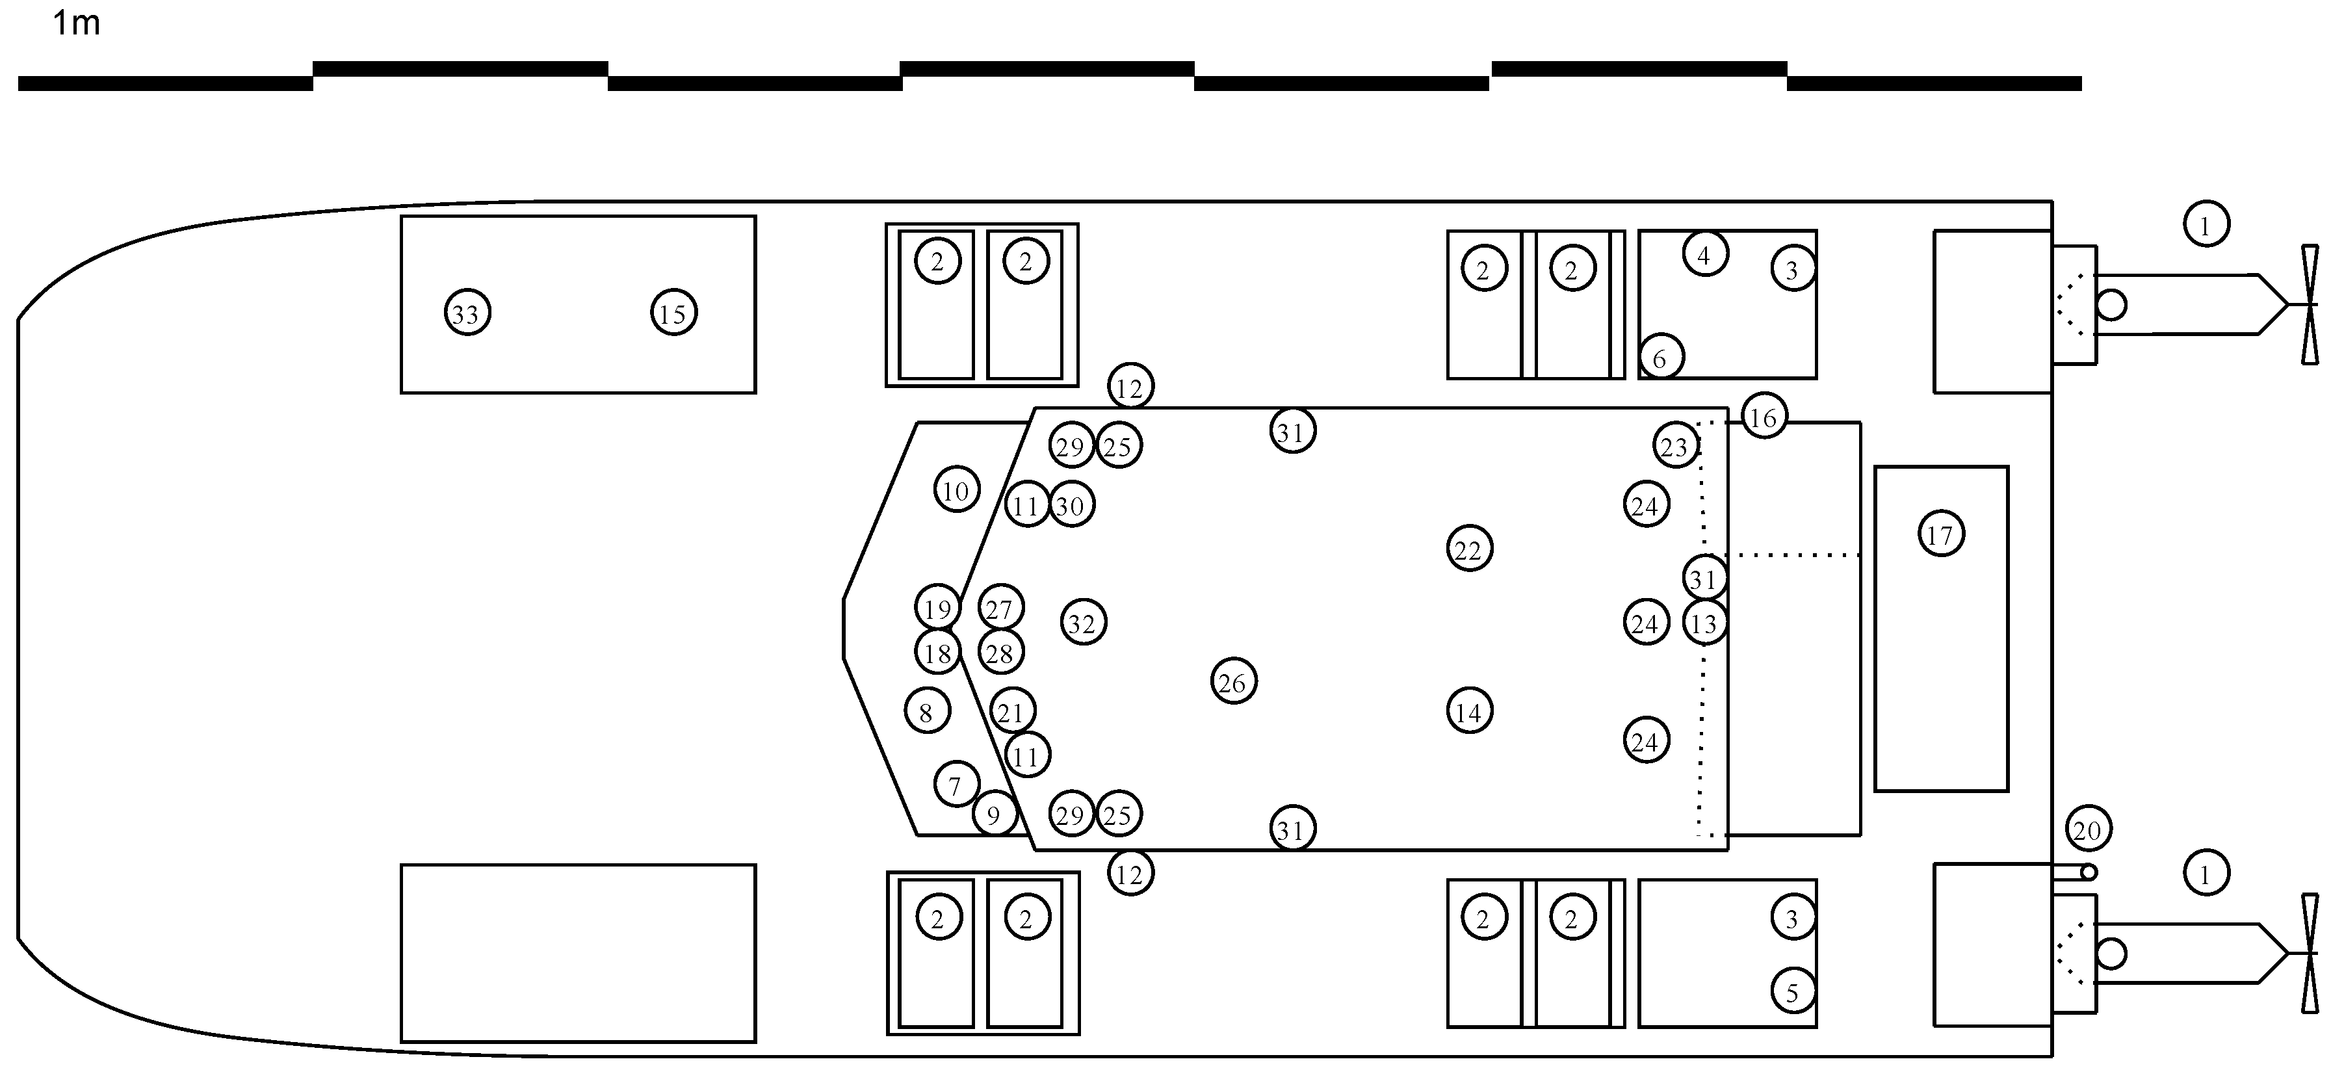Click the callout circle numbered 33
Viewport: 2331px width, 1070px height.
pyautogui.click(x=467, y=313)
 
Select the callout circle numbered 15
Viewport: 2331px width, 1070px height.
pyautogui.click(x=673, y=313)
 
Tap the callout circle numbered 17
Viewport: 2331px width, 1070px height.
pyautogui.click(x=1940, y=534)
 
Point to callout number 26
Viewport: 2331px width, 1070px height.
pyautogui.click(x=1233, y=682)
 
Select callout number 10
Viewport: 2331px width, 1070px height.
pyautogui.click(x=956, y=489)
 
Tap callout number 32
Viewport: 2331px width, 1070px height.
pyautogui.click(x=1082, y=622)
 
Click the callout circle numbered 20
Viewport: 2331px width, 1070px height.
pyautogui.click(x=2088, y=829)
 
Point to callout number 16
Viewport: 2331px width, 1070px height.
pyautogui.click(x=1764, y=417)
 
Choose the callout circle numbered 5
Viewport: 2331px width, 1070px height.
pyautogui.click(x=1793, y=992)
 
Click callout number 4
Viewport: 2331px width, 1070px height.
pyautogui.click(x=1705, y=254)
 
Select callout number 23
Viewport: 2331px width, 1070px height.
pyautogui.click(x=1675, y=445)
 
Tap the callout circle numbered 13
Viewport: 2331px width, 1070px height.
pyautogui.click(x=1705, y=623)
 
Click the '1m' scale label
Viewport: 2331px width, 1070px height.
pyautogui.click(x=76, y=23)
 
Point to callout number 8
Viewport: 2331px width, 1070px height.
pyautogui.click(x=926, y=712)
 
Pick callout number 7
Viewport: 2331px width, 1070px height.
pyautogui.click(x=956, y=785)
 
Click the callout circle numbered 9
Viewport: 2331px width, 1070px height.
pyautogui.click(x=995, y=815)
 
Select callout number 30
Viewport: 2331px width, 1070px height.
pyautogui.click(x=1071, y=505)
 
